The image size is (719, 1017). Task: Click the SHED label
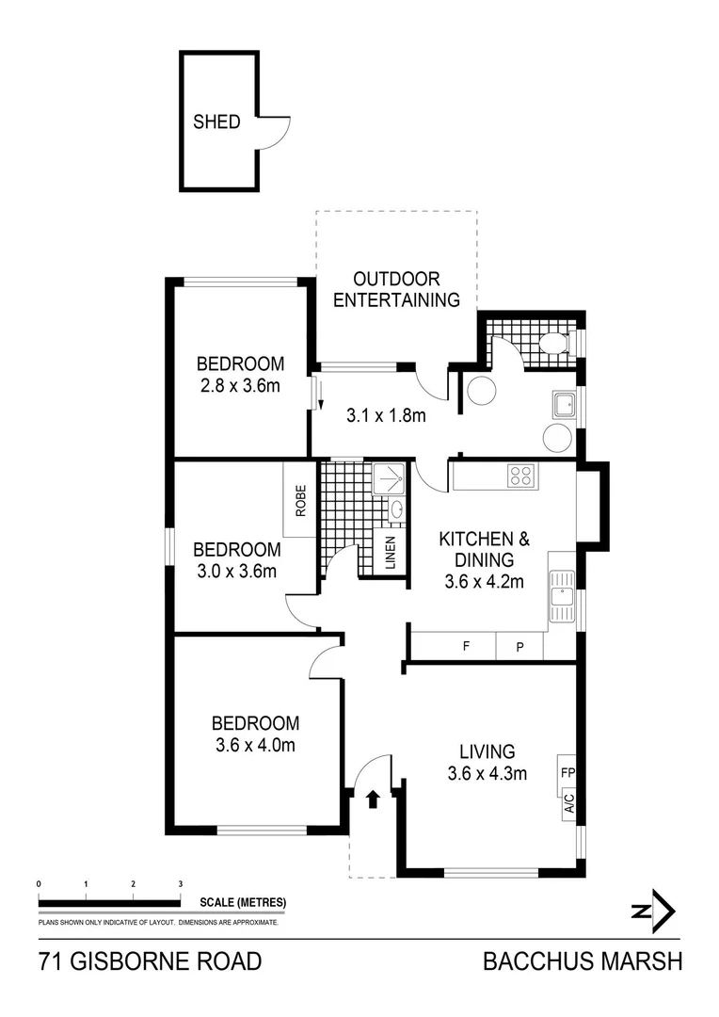point(216,122)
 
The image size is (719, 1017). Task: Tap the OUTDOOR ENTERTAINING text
point(396,290)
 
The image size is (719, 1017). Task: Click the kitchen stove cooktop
point(520,476)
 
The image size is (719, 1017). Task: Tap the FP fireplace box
point(567,773)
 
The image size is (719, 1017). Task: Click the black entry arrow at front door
point(373,799)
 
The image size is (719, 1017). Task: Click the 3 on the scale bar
point(180,884)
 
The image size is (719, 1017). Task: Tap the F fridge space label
point(465,647)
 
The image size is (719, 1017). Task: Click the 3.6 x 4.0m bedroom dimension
point(254,746)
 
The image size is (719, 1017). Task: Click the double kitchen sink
point(563,597)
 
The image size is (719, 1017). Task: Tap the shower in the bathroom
point(387,479)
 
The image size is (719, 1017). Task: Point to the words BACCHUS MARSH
point(580,962)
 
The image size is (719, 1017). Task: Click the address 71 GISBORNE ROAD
point(150,962)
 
